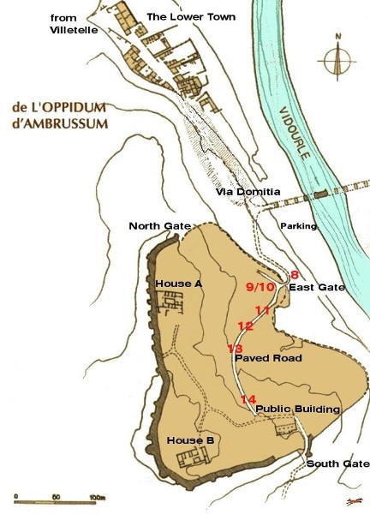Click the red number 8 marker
tap(295, 274)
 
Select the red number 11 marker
tap(262, 310)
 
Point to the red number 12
tap(246, 326)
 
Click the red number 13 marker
tap(236, 348)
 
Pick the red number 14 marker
tap(248, 400)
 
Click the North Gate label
tap(159, 226)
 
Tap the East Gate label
tap(316, 288)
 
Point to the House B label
tap(190, 440)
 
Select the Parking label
tap(299, 226)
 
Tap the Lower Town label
tap(184, 17)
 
